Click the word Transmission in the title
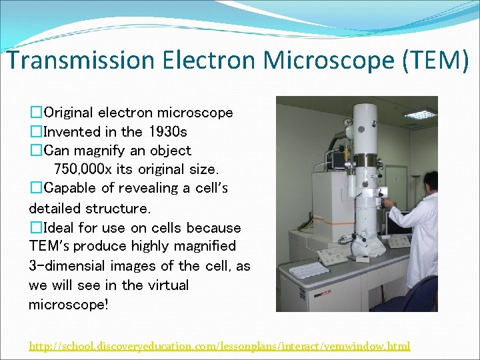(x=71, y=61)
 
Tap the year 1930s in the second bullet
(x=168, y=131)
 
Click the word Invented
(x=69, y=131)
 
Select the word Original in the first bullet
(x=71, y=112)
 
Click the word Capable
(x=70, y=188)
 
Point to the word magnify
(x=94, y=151)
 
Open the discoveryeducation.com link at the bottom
(x=219, y=346)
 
